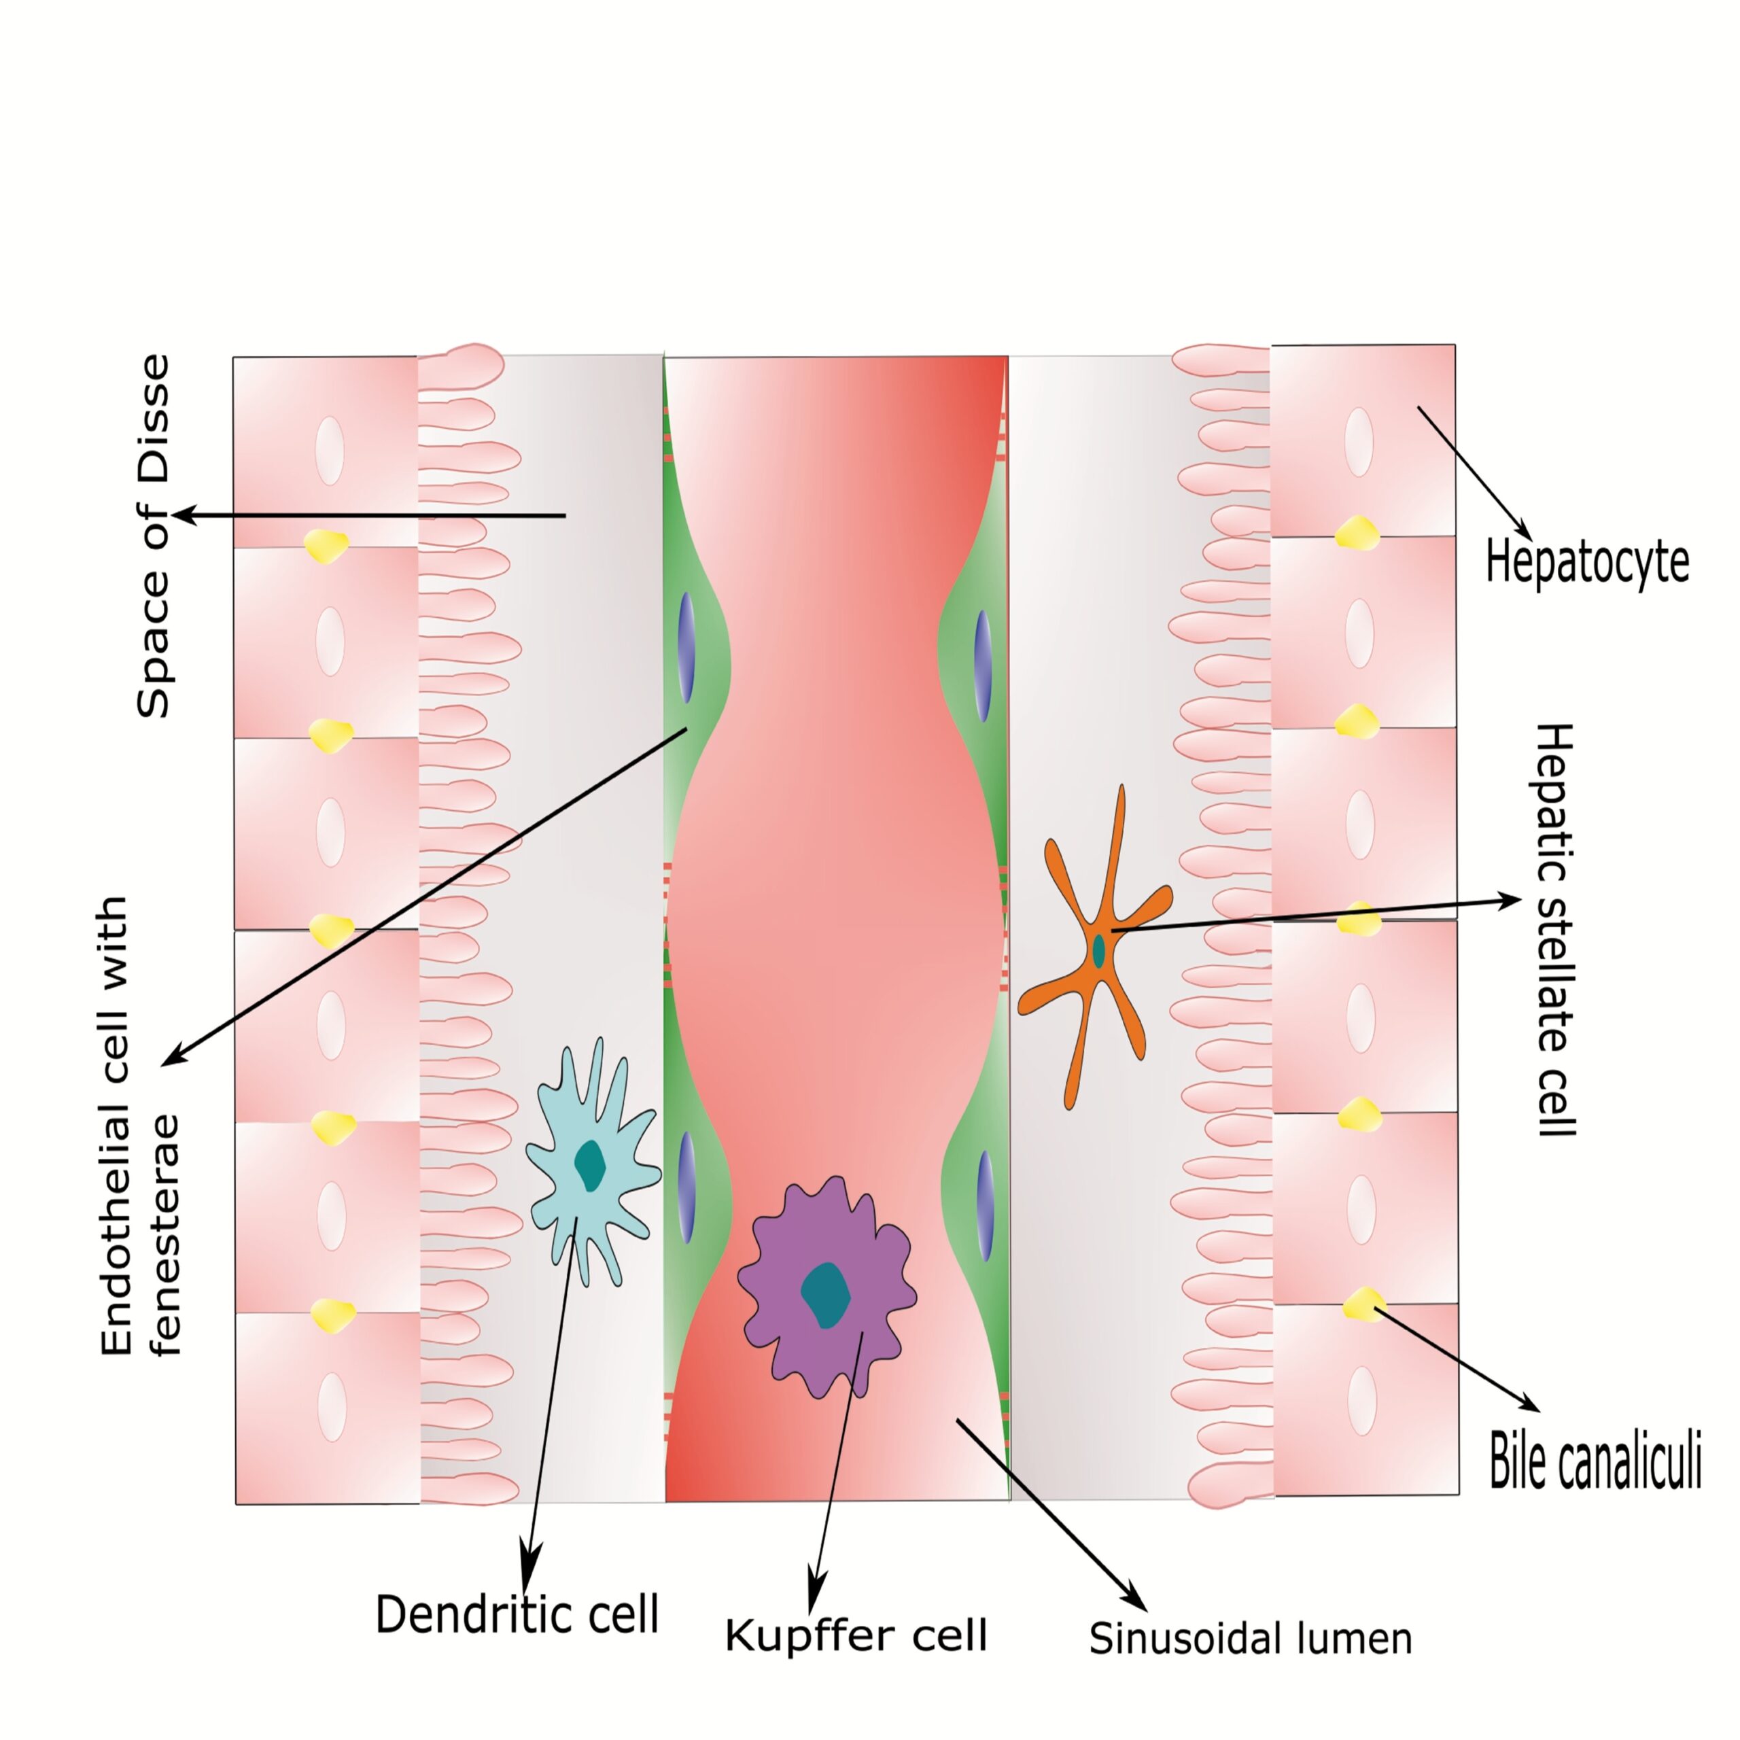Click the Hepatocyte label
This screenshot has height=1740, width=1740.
click(x=1587, y=562)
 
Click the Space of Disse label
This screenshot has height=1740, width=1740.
click(x=153, y=536)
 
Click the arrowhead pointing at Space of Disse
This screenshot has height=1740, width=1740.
click(x=180, y=515)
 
